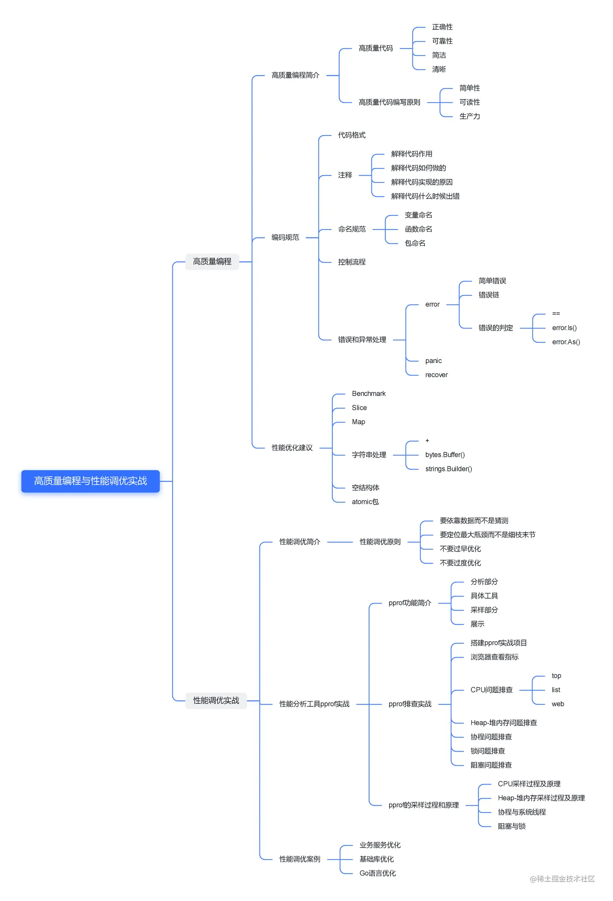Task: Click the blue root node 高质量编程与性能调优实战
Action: [90, 481]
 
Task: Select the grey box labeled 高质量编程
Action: [212, 262]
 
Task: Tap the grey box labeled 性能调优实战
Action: [216, 701]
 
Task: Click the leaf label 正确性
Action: [442, 27]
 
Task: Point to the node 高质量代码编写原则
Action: [389, 102]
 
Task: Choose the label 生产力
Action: [469, 116]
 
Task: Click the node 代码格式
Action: [352, 135]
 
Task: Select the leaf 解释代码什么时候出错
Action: [425, 196]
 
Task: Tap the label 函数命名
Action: [418, 229]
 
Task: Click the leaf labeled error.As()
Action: [566, 342]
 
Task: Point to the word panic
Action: [433, 361]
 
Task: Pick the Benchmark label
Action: [369, 394]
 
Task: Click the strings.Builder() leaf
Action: [448, 469]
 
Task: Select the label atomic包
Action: [365, 502]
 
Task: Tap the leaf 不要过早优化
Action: [460, 549]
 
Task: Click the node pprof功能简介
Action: [409, 603]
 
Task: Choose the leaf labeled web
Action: [558, 704]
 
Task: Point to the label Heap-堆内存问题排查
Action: [504, 723]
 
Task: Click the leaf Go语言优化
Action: [377, 873]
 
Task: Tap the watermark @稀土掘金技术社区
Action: [562, 879]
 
